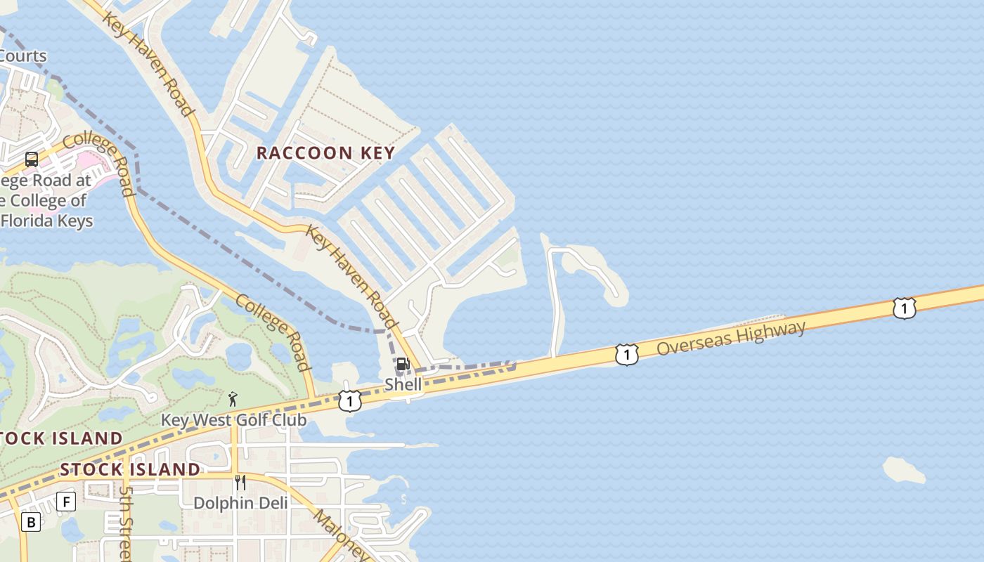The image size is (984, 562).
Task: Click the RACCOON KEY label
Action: point(325,152)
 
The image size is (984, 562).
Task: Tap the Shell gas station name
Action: point(403,384)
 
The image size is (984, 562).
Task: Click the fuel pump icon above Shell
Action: point(403,364)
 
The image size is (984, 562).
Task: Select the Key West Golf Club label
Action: point(233,419)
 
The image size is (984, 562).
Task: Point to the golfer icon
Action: point(233,399)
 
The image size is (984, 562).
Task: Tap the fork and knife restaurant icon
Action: point(240,483)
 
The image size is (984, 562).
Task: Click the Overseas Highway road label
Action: point(731,338)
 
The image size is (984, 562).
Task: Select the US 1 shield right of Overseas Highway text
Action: point(904,308)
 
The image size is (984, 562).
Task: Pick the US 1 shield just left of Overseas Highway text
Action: point(626,355)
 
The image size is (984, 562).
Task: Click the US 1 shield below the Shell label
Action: point(349,400)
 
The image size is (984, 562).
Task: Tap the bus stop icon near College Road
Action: point(32,159)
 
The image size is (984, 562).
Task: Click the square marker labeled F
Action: point(65,502)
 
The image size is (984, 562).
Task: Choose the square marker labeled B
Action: point(30,522)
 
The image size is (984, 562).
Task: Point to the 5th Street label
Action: point(126,523)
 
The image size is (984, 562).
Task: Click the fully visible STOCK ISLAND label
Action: point(130,469)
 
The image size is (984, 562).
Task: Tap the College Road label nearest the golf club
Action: point(273,332)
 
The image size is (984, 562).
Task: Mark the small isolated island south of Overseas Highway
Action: point(905,470)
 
